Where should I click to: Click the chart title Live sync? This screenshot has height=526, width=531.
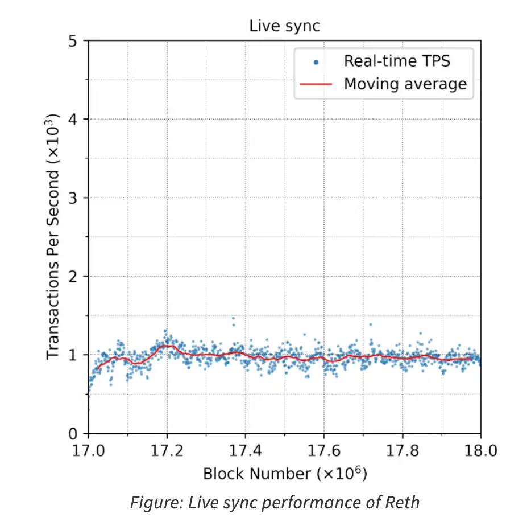(x=284, y=26)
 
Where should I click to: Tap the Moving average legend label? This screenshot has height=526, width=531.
(x=405, y=84)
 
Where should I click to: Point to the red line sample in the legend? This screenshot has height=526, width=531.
(x=316, y=85)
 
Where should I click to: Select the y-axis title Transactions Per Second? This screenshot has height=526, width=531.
(x=53, y=237)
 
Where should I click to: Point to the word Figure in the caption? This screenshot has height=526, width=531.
(x=150, y=503)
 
